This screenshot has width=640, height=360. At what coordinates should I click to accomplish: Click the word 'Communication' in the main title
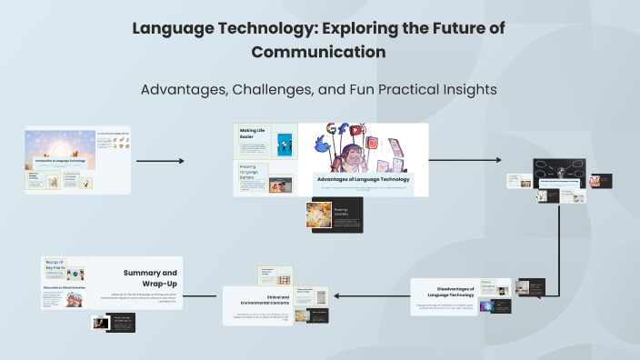tap(318, 52)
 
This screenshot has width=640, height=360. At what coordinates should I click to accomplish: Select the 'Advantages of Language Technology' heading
tap(363, 179)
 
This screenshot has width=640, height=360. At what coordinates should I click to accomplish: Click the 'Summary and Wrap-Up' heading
tap(151, 277)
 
